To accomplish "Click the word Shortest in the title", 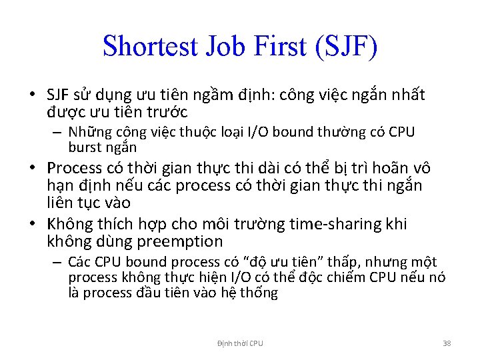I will (x=151, y=46).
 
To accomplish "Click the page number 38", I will (x=447, y=343).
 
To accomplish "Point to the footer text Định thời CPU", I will (x=240, y=343).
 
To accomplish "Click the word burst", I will (x=84, y=147).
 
